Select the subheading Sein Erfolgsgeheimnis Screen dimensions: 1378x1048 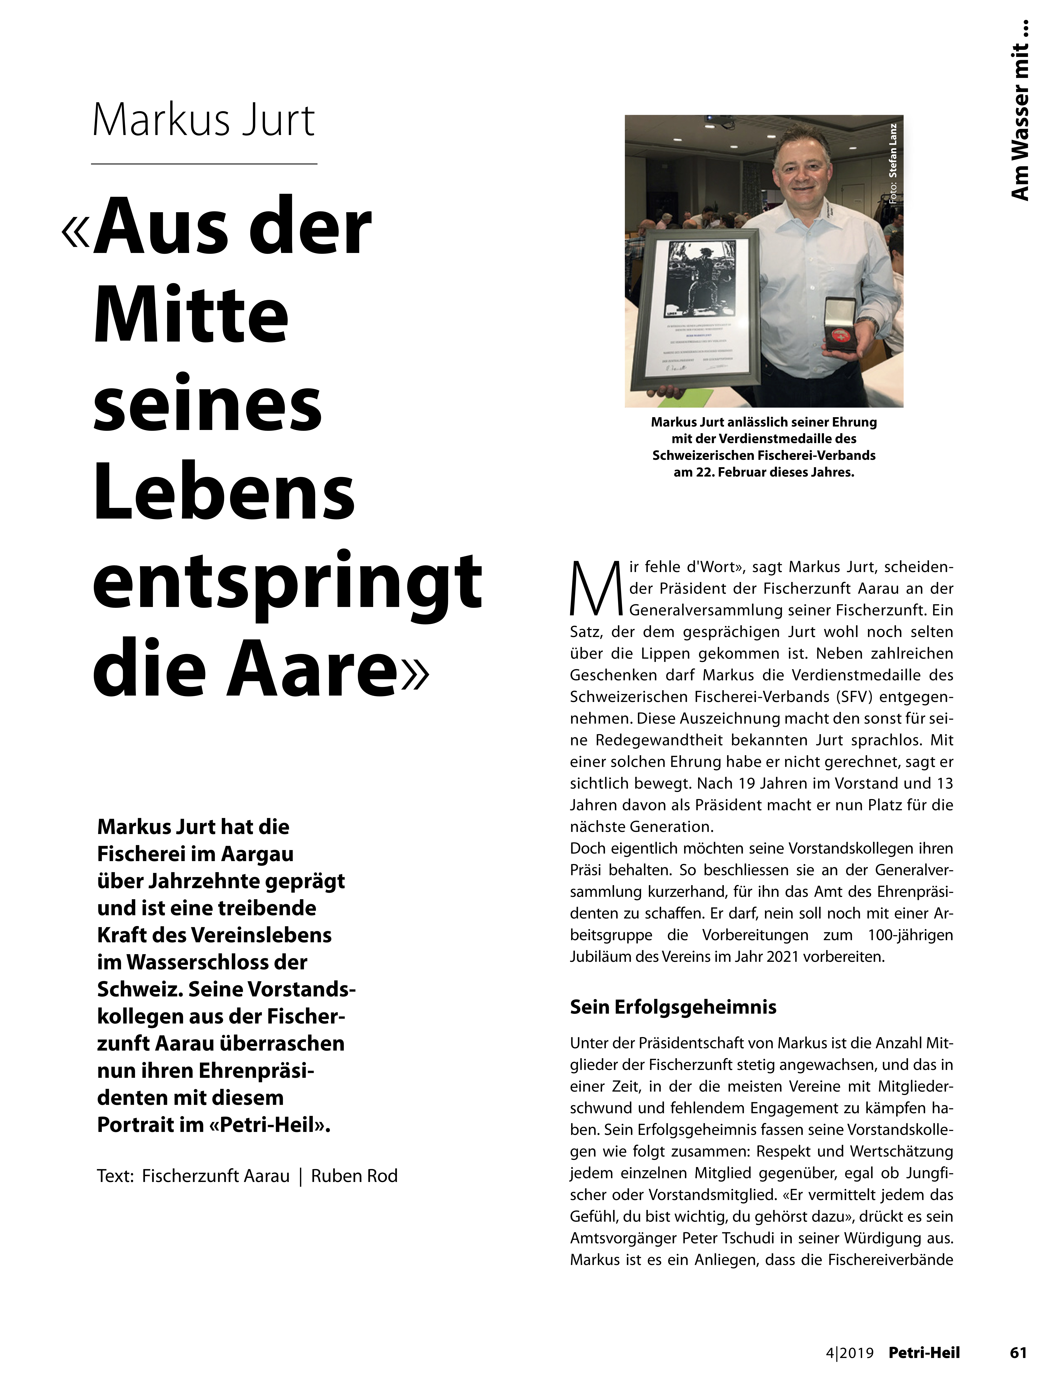(673, 1007)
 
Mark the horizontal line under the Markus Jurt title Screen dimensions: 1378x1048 (204, 164)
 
